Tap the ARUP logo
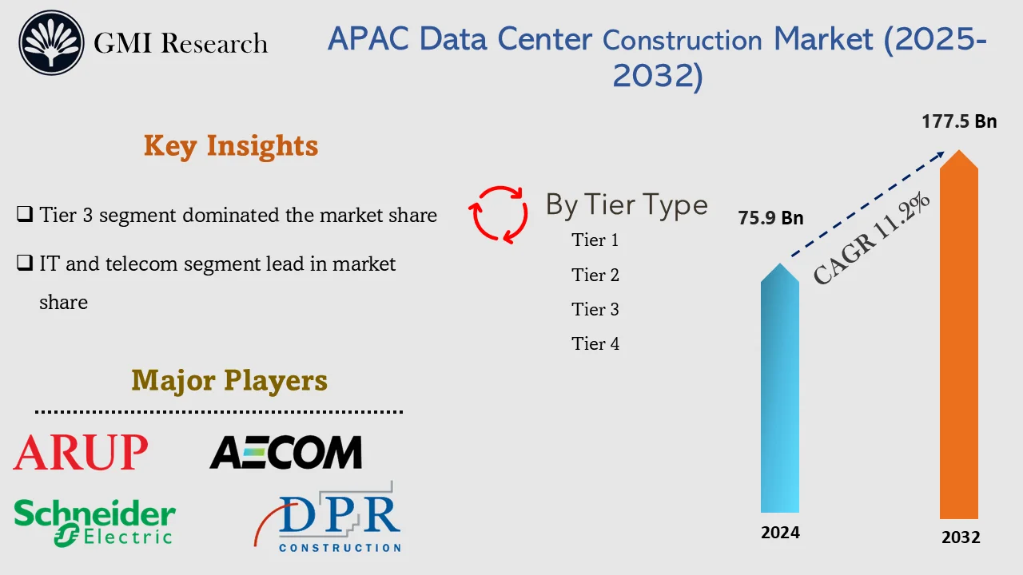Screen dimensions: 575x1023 click(81, 453)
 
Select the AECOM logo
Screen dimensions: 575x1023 click(285, 453)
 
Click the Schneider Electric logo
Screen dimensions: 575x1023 click(94, 523)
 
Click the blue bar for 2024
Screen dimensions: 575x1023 click(780, 391)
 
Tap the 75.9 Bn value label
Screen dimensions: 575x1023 click(770, 218)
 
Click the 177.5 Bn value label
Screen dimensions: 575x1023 click(959, 121)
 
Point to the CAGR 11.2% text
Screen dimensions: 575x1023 click(872, 239)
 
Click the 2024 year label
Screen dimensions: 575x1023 click(780, 533)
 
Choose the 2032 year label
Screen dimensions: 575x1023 click(960, 537)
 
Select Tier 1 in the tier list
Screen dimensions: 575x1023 click(595, 240)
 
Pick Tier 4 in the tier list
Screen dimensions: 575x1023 click(595, 344)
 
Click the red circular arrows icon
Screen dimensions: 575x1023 click(499, 214)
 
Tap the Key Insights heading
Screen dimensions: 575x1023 click(231, 145)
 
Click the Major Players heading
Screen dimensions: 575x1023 click(229, 380)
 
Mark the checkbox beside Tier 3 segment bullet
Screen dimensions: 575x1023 click(25, 214)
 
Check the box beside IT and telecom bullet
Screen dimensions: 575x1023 click(25, 263)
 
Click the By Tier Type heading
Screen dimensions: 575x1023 click(627, 205)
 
